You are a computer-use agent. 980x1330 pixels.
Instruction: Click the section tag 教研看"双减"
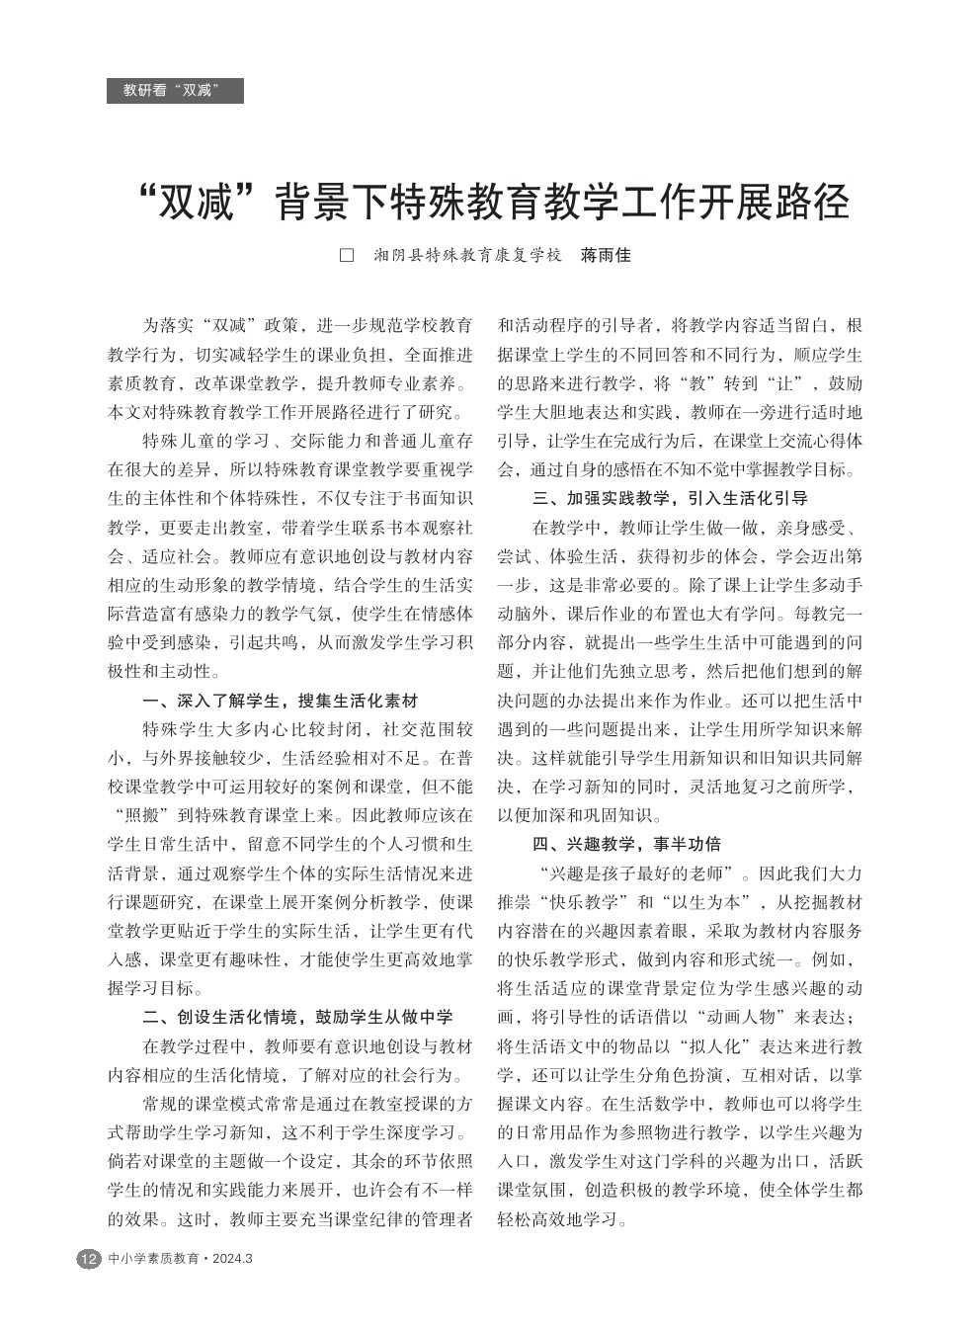click(x=174, y=91)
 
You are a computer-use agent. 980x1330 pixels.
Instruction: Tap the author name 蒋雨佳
click(x=605, y=255)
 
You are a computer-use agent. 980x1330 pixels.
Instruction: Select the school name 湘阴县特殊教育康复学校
click(x=468, y=255)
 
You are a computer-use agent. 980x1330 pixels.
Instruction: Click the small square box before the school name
click(x=347, y=255)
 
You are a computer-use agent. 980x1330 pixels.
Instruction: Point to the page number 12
click(x=88, y=1259)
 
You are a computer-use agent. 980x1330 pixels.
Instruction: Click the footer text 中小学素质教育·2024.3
click(x=180, y=1259)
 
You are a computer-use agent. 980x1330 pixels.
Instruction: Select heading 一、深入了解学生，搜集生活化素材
click(x=281, y=701)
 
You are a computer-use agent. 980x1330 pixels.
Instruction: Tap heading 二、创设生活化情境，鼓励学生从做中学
click(x=297, y=1017)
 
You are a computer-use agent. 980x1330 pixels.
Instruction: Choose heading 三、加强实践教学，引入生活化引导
click(x=670, y=498)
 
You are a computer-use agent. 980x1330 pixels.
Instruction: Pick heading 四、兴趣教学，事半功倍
click(x=626, y=844)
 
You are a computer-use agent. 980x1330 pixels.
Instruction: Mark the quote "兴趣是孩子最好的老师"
click(x=641, y=873)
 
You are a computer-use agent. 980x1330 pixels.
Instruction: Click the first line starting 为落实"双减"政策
click(x=307, y=325)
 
